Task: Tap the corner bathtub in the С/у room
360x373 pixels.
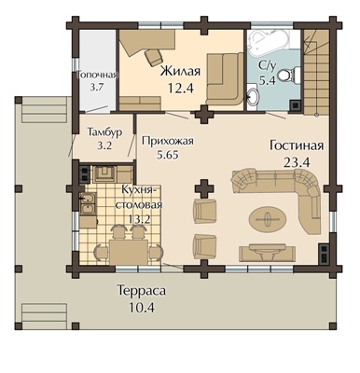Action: click(269, 43)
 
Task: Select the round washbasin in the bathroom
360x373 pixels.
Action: click(253, 96)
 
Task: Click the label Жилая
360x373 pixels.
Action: click(180, 71)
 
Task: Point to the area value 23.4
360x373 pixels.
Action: click(297, 162)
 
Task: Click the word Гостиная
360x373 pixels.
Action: click(297, 145)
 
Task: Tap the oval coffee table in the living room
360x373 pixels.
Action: click(267, 219)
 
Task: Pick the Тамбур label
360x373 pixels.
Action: click(104, 131)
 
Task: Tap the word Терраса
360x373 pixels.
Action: click(142, 292)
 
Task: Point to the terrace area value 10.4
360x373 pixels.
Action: click(142, 308)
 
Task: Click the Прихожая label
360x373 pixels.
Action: click(168, 141)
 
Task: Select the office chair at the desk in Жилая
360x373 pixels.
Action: click(154, 57)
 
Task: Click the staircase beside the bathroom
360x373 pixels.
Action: click(316, 72)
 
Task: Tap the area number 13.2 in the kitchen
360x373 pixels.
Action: click(139, 219)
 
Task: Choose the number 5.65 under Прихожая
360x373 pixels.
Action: click(168, 155)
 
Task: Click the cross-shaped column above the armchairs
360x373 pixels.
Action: click(204, 188)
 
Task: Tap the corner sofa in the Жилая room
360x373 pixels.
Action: click(225, 80)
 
